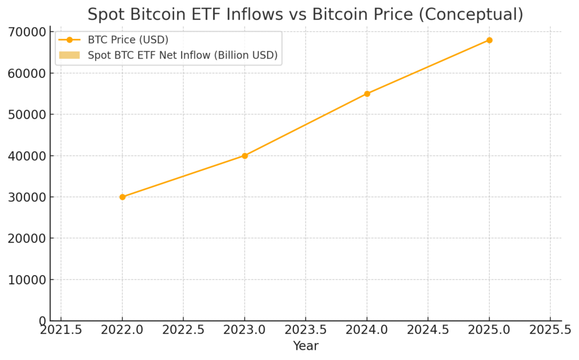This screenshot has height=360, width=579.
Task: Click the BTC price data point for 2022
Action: point(122,197)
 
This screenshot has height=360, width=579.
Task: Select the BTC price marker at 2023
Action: point(245,155)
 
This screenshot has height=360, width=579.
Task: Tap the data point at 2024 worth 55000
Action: point(367,94)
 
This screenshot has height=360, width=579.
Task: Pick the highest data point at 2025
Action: point(489,40)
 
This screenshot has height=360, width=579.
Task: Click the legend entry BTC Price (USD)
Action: point(128,40)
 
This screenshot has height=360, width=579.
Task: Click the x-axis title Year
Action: point(305,346)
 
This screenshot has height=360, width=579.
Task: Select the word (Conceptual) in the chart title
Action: point(469,14)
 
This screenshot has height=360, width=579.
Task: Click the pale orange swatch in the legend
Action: point(70,55)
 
